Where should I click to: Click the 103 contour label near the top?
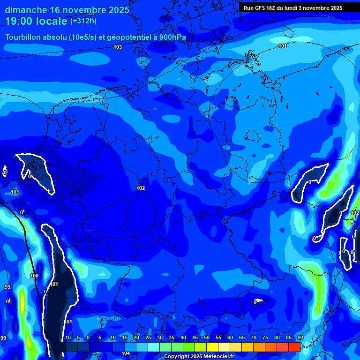pos(118,47)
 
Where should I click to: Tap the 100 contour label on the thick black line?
pos(34,276)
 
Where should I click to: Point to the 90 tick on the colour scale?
pos(300,337)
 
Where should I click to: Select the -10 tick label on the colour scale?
pos(67,337)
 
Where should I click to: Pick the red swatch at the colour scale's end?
pos(294,347)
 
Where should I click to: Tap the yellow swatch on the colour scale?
pos(212,347)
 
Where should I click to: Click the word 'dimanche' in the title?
pos(25,10)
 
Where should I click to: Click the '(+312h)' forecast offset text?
pos(83,21)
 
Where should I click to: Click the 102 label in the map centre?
pos(141,188)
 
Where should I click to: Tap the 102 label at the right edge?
pos(355,213)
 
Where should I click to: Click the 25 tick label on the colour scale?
pos(148,337)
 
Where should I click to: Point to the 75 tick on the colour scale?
pos(265,337)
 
